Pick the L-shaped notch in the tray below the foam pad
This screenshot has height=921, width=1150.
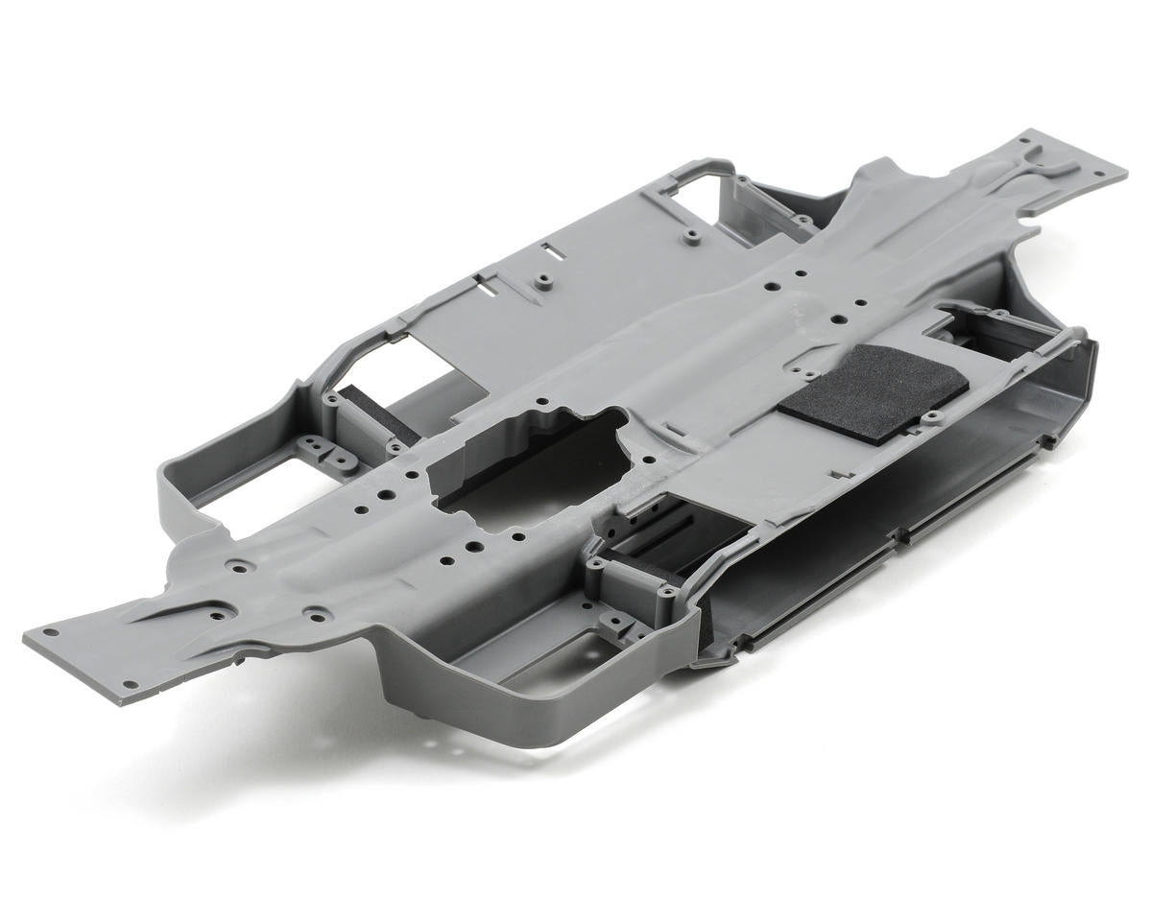pos(843,472)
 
